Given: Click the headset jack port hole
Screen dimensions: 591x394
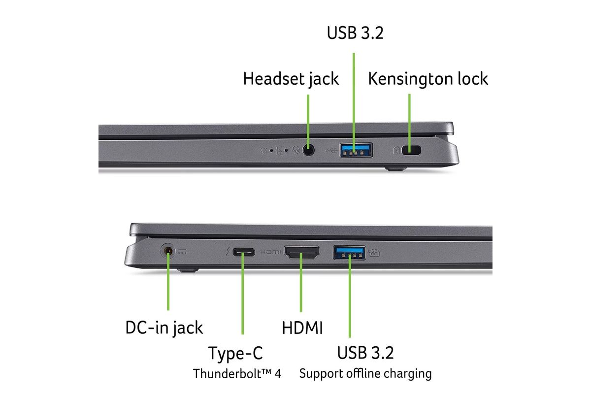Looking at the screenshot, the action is (308, 150).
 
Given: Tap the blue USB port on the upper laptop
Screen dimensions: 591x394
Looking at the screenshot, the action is (356, 150).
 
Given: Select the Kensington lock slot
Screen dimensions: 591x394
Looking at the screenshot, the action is (411, 150).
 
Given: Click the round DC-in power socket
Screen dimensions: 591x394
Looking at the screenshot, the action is (168, 251).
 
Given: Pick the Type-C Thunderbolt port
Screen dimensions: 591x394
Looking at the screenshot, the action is (243, 252).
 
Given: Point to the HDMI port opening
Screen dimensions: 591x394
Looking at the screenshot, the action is (301, 252).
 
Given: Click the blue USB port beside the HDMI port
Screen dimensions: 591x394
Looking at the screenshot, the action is (349, 253).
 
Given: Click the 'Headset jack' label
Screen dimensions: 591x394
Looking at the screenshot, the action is (291, 79).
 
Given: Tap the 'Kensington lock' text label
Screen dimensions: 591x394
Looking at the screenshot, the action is (428, 79).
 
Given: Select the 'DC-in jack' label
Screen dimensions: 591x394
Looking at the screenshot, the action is (164, 328).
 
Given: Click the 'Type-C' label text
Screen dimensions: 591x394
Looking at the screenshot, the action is (235, 353).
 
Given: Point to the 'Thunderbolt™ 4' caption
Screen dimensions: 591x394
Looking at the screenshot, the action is (237, 374).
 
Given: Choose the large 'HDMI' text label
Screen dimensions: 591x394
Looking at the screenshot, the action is (302, 328).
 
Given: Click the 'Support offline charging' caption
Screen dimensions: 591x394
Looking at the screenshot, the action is (365, 374).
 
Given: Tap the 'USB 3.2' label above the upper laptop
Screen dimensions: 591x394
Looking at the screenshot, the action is (355, 33).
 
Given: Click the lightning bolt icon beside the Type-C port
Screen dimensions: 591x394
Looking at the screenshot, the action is (228, 252).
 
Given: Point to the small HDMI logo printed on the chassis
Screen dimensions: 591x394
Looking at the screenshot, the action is (270, 252).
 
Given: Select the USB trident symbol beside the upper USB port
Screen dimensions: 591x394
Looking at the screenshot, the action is (331, 150).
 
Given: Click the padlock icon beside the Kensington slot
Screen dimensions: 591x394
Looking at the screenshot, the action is (396, 151).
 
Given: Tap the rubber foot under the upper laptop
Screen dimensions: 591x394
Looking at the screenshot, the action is (395, 168).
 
